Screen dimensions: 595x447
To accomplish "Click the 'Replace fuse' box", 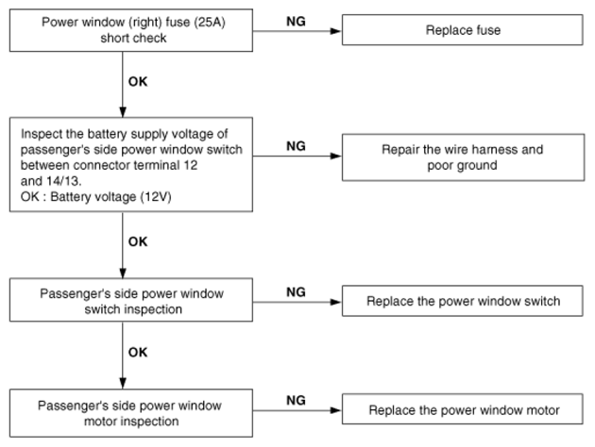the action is tap(462, 30).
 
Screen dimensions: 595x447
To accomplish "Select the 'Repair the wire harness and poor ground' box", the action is tap(463, 157).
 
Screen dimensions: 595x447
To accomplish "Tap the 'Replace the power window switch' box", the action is tap(462, 301).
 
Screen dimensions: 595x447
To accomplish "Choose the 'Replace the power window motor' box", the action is tap(462, 409).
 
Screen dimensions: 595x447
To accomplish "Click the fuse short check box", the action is tap(131, 30).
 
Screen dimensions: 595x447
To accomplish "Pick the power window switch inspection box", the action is tap(131, 300).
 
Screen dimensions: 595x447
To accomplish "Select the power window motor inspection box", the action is tap(131, 413).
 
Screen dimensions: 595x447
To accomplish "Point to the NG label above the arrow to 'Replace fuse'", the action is tap(296, 21).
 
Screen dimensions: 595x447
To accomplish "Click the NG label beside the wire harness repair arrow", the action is tap(296, 146).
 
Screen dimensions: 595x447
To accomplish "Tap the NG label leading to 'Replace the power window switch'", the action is tap(296, 292).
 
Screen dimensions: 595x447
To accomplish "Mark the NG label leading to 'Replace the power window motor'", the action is tap(296, 401).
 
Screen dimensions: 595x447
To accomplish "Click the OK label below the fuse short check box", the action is tap(138, 81).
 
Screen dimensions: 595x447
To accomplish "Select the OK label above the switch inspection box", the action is tap(138, 241).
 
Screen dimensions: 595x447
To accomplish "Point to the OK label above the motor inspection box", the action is tap(138, 353).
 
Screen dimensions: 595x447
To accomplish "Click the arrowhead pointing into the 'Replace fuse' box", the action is tap(336, 31).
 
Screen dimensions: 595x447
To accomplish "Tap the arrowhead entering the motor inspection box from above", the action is tap(123, 383).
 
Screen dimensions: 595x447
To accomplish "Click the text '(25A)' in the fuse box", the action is tap(210, 23).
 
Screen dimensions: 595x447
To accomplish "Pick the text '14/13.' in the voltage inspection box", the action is tap(64, 181).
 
